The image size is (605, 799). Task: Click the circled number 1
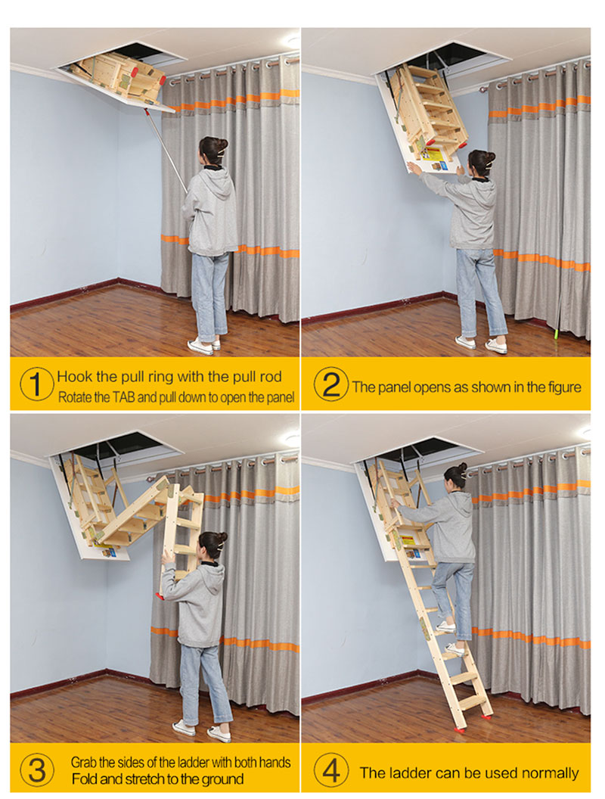pos(36,384)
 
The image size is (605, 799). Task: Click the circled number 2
pos(331,384)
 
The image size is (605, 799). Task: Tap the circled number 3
pos(36,770)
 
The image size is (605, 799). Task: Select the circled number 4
pos(331,770)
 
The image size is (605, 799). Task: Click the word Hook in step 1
pos(74,377)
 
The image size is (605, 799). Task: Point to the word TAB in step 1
pos(123,397)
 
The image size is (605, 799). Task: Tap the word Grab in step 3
pos(83,763)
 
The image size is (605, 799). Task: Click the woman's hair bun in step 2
pos(490,157)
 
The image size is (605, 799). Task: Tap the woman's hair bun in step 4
pos(461,468)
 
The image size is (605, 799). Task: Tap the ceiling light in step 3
pos(291,438)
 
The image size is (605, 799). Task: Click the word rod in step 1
pos(271,377)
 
